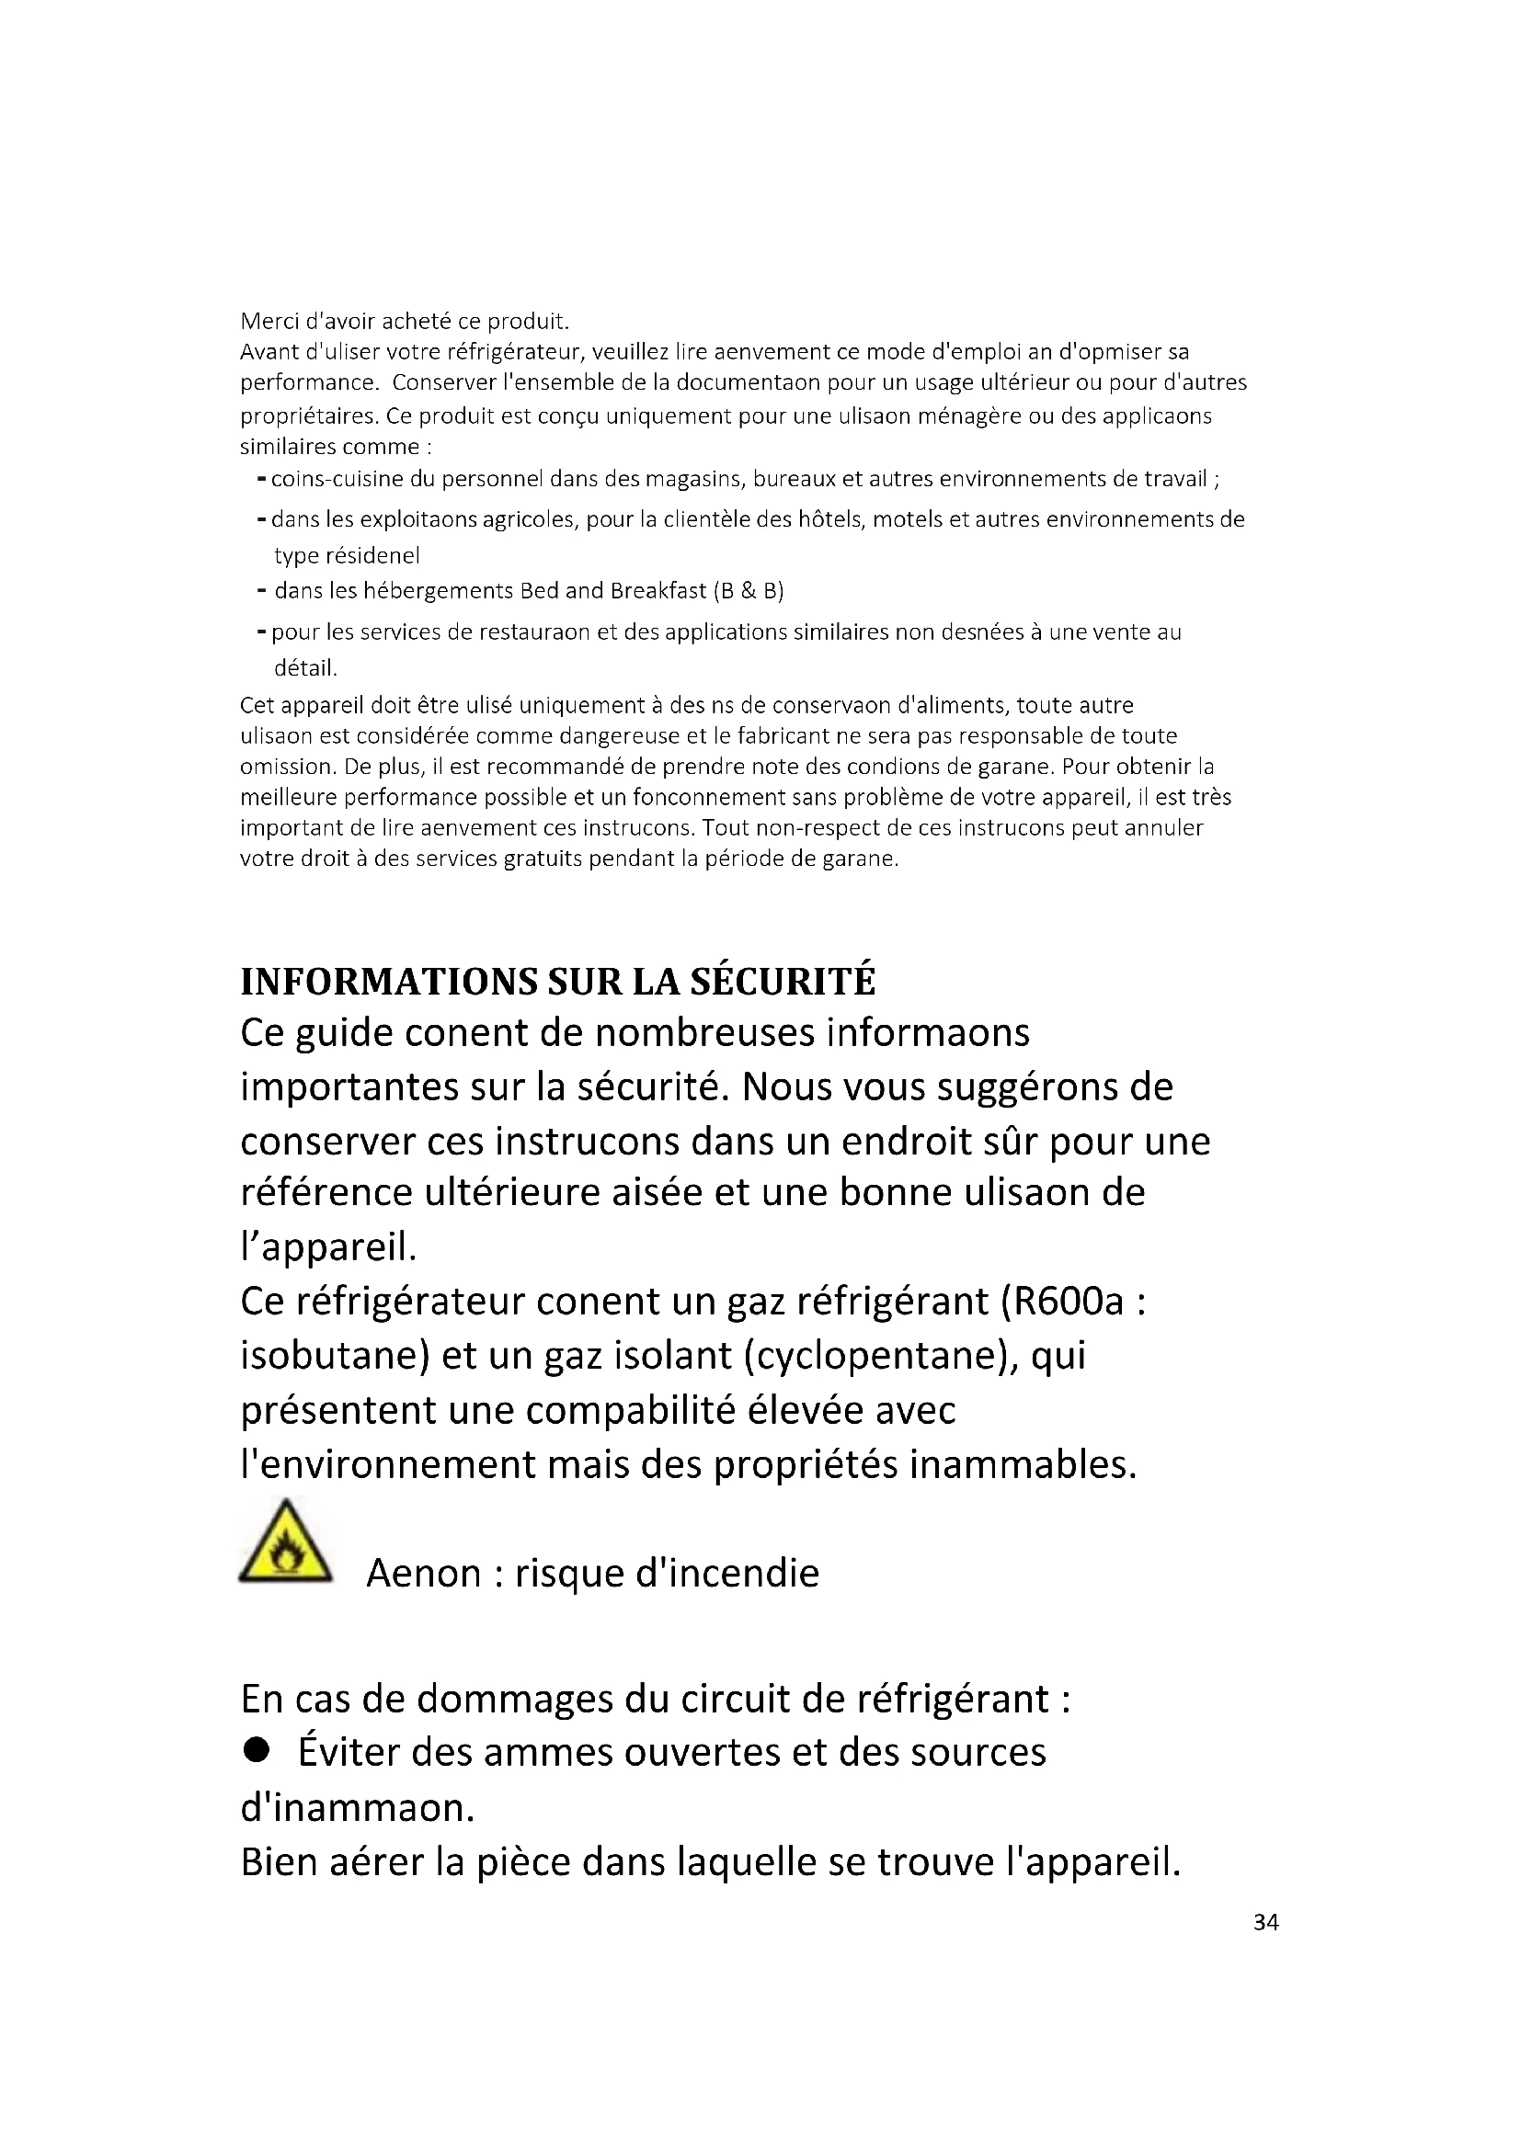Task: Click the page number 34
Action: (1265, 1922)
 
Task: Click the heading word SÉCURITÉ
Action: (782, 982)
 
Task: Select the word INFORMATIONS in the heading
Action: (389, 982)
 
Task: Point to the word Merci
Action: (269, 321)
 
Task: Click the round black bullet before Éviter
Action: (255, 1750)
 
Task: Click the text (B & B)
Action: (749, 591)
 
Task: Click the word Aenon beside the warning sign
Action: (422, 1573)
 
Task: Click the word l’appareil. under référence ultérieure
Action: (327, 1247)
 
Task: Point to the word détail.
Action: (305, 668)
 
